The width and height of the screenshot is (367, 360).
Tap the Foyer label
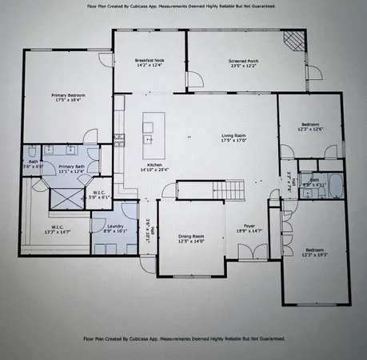[245, 230]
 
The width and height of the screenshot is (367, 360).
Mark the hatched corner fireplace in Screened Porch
[296, 40]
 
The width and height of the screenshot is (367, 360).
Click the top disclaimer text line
[184, 7]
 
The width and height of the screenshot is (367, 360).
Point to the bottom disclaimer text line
[184, 338]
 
